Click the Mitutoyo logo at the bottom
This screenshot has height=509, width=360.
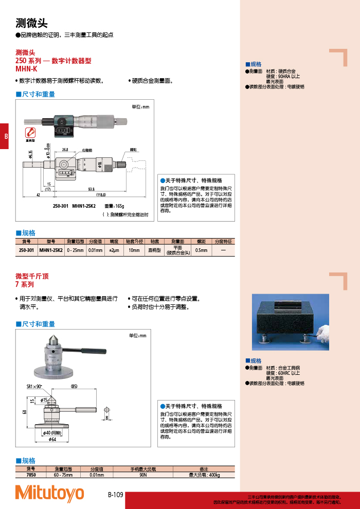(x=49, y=493)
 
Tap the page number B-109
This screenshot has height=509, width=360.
(x=116, y=495)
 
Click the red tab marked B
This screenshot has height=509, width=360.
(x=5, y=137)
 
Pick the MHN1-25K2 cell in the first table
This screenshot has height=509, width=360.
(x=51, y=250)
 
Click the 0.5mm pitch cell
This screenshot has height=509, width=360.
(x=201, y=250)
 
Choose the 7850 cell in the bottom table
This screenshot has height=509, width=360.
(x=30, y=475)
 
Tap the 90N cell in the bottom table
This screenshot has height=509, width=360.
(x=143, y=475)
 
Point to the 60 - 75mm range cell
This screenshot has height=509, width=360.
(x=63, y=475)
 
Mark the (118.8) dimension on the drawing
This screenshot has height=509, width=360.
(x=100, y=195)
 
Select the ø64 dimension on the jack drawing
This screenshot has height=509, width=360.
(x=52, y=440)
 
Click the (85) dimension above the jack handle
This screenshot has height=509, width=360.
(x=74, y=386)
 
